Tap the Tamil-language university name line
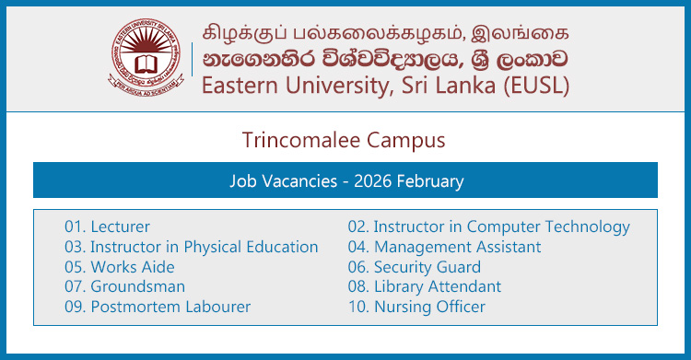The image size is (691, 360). pos(384,26)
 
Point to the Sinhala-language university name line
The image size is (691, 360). pos(384,56)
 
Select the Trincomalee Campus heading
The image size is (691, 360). pos(344,140)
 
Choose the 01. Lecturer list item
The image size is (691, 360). pos(107,226)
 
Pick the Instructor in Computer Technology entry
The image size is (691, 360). pos(488,226)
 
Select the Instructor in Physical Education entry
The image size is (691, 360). pos(191,247)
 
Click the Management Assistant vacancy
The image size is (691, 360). pos(444,247)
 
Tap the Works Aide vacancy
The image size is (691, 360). pos(121,267)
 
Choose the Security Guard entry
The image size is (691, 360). pos(414,267)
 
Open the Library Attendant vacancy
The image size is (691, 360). pos(424,286)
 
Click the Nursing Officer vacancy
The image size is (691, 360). pos(416,307)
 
